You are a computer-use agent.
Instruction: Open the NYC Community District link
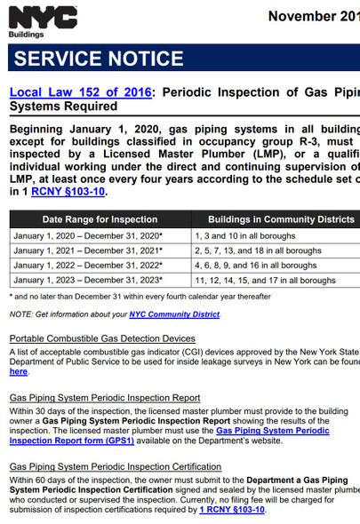tap(174, 314)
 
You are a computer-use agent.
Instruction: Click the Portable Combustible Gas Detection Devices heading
tap(102, 338)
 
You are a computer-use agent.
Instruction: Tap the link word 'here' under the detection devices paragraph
tap(19, 371)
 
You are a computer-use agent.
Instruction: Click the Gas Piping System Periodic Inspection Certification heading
tap(115, 466)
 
